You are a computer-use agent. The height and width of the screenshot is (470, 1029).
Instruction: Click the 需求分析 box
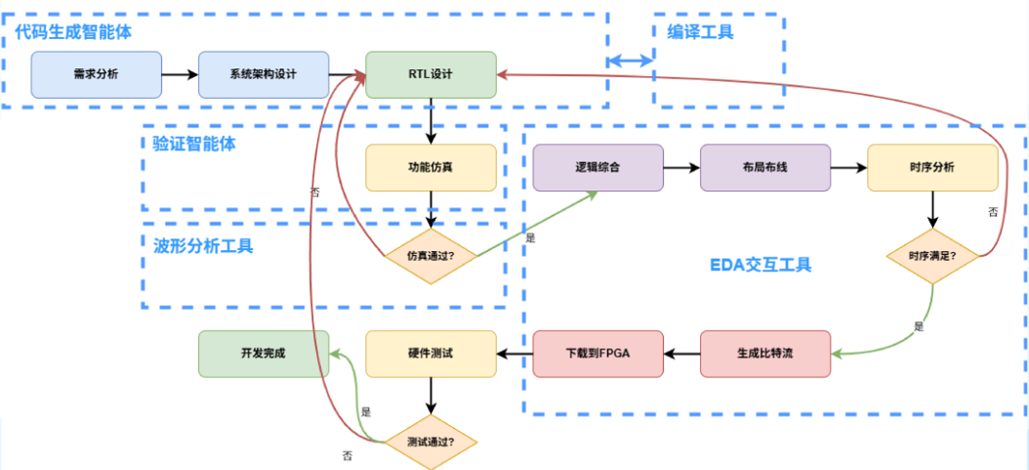[x=97, y=75]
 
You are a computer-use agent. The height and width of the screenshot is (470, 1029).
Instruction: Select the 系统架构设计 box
[x=264, y=75]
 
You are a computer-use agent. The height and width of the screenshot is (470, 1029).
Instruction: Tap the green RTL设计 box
[x=431, y=75]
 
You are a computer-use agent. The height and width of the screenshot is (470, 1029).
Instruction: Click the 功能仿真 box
[x=431, y=167]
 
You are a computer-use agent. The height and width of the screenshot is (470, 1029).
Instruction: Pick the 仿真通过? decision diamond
[x=431, y=257]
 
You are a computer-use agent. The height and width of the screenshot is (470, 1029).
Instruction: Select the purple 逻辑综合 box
[x=598, y=167]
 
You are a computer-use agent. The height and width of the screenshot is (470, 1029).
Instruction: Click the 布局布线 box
[x=765, y=167]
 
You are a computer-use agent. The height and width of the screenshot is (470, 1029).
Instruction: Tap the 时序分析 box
[x=932, y=167]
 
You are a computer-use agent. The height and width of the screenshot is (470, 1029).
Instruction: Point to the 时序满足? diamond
[x=932, y=257]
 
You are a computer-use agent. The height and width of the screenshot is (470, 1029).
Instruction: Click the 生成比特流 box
[x=765, y=353]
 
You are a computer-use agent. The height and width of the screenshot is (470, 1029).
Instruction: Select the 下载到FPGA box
[x=598, y=353]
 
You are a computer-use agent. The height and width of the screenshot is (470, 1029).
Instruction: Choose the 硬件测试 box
[x=431, y=353]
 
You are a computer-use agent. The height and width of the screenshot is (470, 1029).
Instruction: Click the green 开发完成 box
[x=264, y=353]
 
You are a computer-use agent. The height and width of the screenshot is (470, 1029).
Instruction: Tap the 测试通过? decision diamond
[x=431, y=442]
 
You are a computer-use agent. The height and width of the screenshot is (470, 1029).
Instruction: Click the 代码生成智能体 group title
[x=73, y=32]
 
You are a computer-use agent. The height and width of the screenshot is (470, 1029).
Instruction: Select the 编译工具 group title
[x=701, y=32]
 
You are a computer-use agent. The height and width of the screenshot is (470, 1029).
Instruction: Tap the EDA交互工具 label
[x=760, y=265]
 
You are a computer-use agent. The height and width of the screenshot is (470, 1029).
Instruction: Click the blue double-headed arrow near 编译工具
[x=631, y=61]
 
